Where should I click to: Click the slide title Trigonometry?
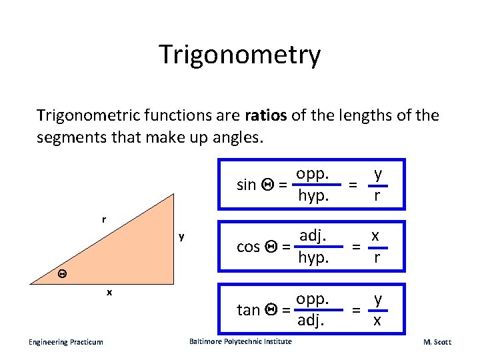click(239, 55)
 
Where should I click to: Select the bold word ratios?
click(266, 116)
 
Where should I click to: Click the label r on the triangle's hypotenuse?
click(103, 219)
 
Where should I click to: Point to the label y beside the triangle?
click(181, 237)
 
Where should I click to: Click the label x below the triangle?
click(109, 291)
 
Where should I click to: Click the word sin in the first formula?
click(247, 185)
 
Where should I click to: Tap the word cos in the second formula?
click(248, 246)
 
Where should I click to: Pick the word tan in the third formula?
click(248, 309)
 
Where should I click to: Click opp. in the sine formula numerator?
click(312, 173)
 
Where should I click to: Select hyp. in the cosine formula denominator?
click(313, 257)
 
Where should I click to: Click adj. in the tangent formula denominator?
click(311, 320)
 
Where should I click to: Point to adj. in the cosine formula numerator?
click(312, 235)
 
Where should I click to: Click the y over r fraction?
click(377, 185)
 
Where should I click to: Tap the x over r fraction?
click(377, 246)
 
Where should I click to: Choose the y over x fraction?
click(377, 309)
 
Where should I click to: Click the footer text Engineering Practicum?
click(65, 342)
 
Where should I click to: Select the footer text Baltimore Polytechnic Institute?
click(240, 341)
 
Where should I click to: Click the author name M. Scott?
click(437, 342)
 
